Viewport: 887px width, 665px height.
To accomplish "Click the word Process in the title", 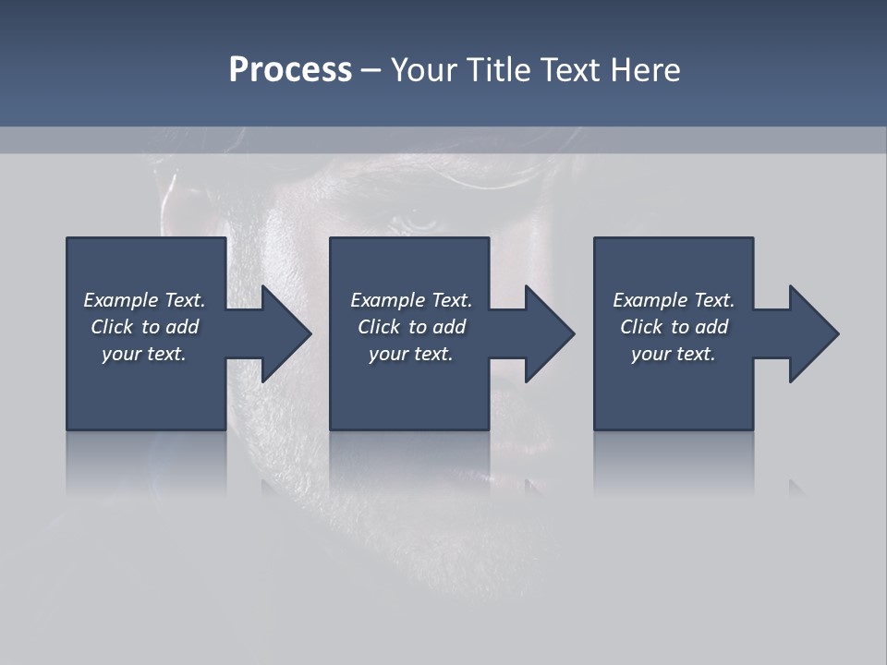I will (290, 69).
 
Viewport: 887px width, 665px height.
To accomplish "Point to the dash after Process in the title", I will (371, 70).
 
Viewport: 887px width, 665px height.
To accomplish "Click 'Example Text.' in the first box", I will (144, 300).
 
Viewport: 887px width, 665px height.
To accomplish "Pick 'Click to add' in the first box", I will (144, 327).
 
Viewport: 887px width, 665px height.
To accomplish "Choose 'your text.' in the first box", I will (144, 354).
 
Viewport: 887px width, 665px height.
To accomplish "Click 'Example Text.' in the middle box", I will (411, 300).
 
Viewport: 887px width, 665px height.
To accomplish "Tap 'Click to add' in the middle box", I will (411, 327).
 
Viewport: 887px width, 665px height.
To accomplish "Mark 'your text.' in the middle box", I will (411, 354).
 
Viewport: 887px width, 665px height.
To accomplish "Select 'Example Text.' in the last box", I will (674, 300).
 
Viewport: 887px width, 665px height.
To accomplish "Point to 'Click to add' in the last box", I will (674, 327).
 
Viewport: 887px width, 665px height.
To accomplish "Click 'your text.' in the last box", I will (674, 354).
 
